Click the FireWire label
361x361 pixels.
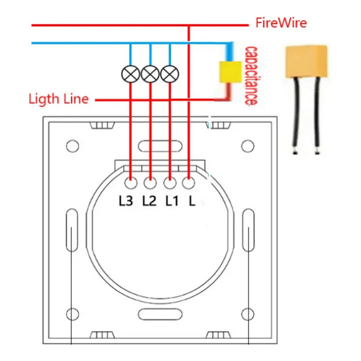pyautogui.click(x=281, y=23)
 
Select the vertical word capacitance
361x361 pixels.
pyautogui.click(x=249, y=76)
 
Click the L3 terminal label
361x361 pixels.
pyautogui.click(x=126, y=202)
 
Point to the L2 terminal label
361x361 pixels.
pyautogui.click(x=149, y=202)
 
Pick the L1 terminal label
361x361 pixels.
pyautogui.click(x=172, y=202)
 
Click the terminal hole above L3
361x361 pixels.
pyautogui.click(x=131, y=184)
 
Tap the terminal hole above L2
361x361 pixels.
pyautogui.click(x=150, y=184)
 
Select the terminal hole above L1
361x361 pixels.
pyautogui.click(x=169, y=184)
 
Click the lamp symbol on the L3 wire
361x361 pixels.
pyautogui.click(x=130, y=74)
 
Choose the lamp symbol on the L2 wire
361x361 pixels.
pyautogui.click(x=150, y=74)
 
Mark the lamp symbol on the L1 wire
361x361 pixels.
pyautogui.click(x=169, y=74)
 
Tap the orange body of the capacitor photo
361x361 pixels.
pyautogui.click(x=306, y=61)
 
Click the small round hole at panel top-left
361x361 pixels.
pyautogui.click(x=73, y=146)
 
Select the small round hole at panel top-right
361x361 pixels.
pyautogui.click(x=246, y=146)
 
